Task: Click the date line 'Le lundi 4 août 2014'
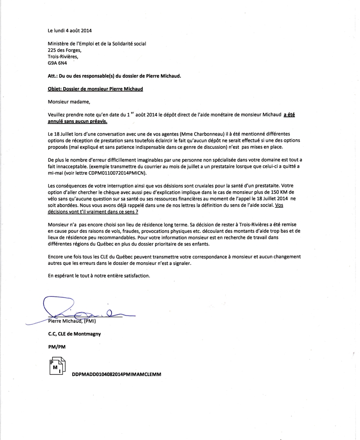pos(70,30)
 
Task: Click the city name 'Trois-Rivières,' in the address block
pos(63,56)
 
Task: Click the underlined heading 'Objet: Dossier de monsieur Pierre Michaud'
pos(95,89)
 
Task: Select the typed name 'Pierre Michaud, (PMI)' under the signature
pos(74,321)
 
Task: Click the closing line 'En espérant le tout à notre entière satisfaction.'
pos(99,276)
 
